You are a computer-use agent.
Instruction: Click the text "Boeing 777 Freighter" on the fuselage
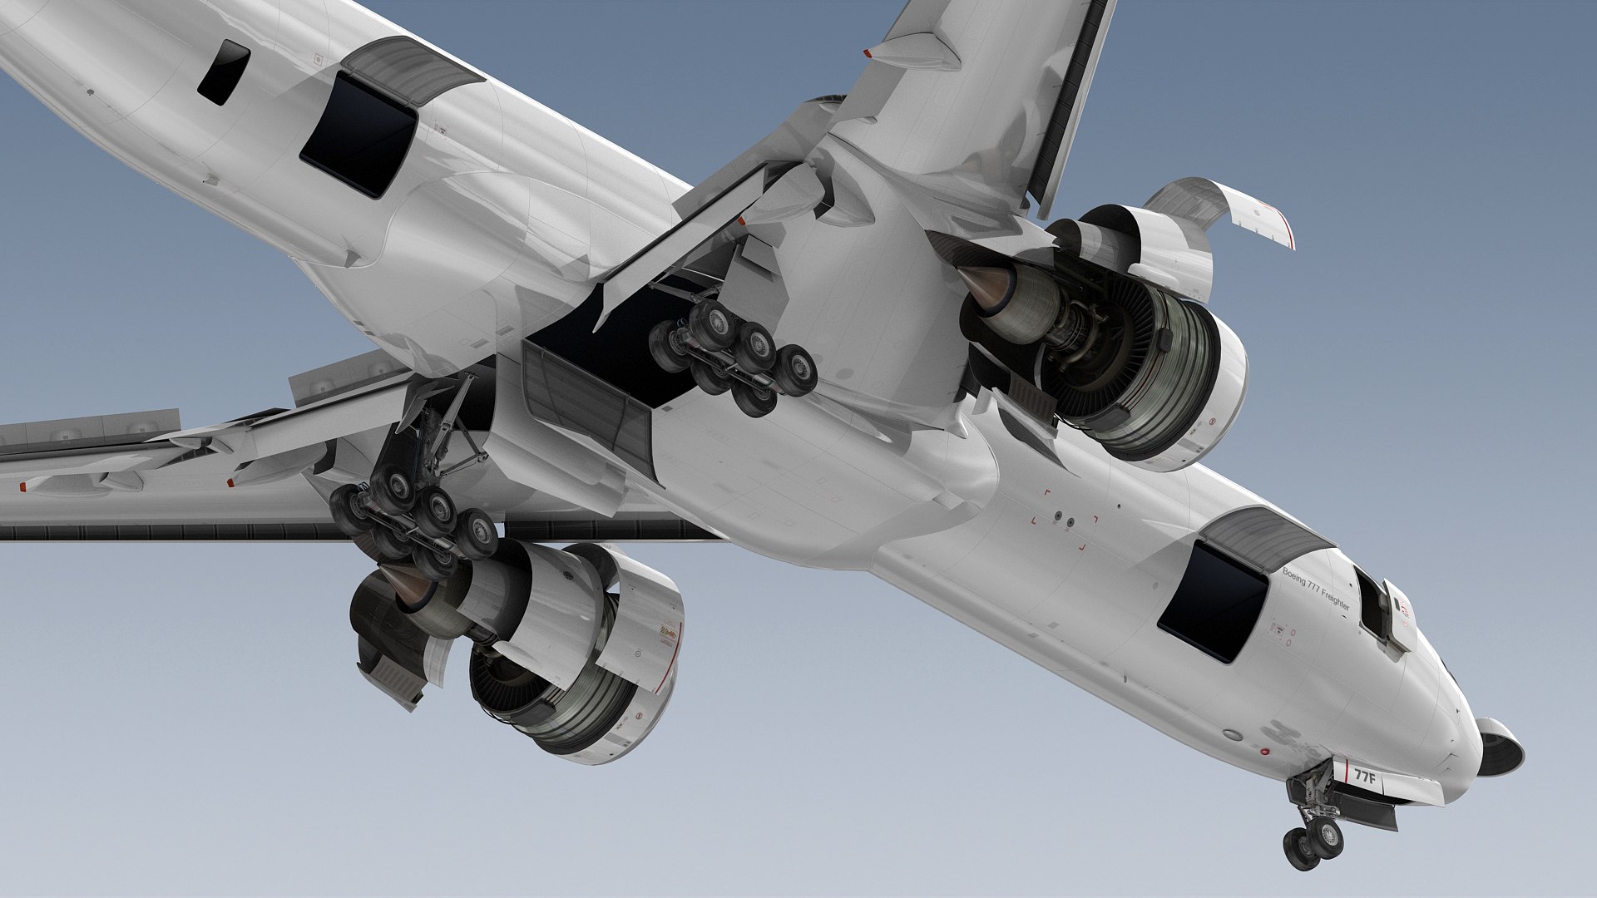point(1316,587)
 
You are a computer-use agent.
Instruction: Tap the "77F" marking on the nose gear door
point(1365,777)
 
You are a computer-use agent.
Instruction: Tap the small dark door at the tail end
point(223,72)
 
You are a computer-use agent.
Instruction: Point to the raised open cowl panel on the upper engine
point(1223,208)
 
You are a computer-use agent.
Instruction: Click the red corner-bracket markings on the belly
point(1065,521)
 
